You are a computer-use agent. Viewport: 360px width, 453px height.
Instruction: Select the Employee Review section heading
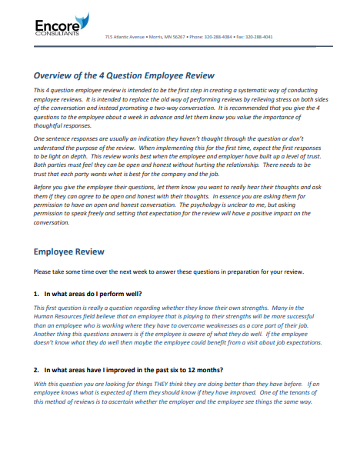tap(69, 251)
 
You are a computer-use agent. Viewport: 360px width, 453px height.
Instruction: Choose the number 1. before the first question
tap(37, 294)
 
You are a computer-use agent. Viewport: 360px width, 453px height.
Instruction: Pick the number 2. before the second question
tap(37, 370)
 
